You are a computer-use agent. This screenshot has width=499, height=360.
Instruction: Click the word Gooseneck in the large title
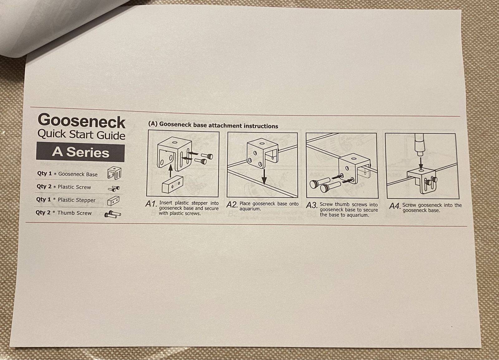[x=81, y=121]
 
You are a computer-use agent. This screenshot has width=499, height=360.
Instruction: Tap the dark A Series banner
[x=80, y=152]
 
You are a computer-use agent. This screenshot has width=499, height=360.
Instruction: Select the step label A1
[x=151, y=204]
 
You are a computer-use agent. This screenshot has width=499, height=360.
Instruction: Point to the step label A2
[x=232, y=204]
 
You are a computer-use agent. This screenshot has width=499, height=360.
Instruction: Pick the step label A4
[x=395, y=206]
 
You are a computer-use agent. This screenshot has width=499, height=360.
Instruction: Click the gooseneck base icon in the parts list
[x=114, y=173]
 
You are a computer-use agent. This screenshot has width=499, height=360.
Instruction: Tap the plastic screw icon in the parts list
[x=114, y=189]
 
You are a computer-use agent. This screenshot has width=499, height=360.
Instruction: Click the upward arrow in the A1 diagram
[x=170, y=170]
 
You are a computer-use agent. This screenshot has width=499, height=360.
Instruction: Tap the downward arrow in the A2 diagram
[x=264, y=176]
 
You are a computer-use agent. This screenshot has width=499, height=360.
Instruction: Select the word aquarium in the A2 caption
[x=250, y=209]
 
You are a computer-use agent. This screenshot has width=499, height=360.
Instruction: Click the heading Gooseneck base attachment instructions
[x=219, y=125]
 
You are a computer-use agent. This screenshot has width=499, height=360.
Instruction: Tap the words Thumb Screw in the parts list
[x=75, y=213]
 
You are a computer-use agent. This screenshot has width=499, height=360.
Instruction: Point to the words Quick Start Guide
[x=81, y=135]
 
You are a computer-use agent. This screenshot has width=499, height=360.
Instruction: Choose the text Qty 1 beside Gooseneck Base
[x=44, y=173]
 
